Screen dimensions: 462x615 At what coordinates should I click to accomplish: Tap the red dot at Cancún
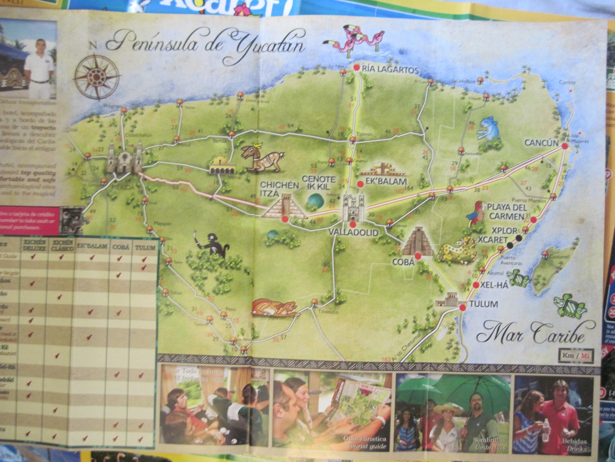(x=565, y=146)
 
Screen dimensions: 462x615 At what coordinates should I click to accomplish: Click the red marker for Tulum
(x=462, y=307)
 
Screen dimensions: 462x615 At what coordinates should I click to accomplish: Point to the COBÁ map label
(x=404, y=262)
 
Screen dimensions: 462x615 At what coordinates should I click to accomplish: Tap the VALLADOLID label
(x=353, y=233)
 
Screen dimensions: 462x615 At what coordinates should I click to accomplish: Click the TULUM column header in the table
(x=145, y=247)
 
